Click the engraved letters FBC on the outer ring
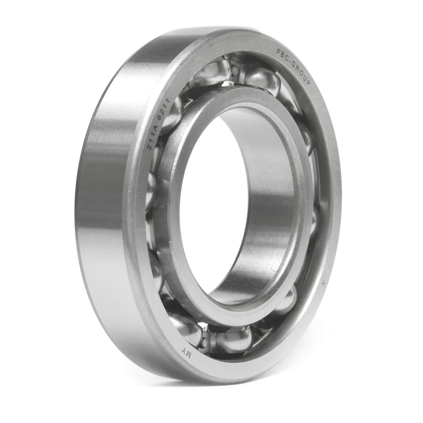282,55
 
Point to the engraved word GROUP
300,71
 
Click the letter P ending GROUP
308,81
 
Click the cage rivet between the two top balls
235,71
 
